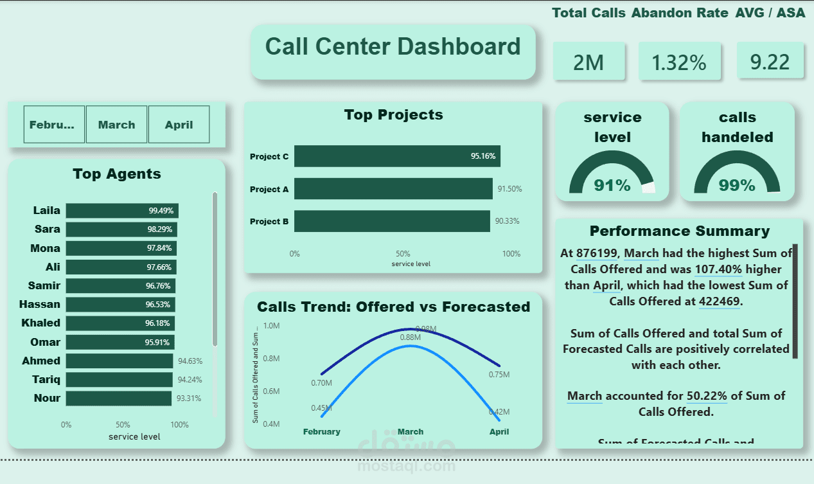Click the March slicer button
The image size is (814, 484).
pos(116,125)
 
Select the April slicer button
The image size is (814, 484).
pos(179,125)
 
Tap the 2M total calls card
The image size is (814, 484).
pos(588,62)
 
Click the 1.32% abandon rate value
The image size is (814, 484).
pos(678,62)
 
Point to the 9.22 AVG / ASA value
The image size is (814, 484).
pos(770,62)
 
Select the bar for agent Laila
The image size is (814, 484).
pos(122,211)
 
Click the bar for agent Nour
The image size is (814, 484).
pos(119,399)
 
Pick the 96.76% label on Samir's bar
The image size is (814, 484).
pos(158,286)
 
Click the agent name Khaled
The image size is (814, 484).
pos(40,323)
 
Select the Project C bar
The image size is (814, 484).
pos(396,156)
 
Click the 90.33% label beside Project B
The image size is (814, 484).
pos(507,221)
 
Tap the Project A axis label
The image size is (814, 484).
pos(269,190)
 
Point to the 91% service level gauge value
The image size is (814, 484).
pos(612,186)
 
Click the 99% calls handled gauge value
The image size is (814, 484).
pos(737,186)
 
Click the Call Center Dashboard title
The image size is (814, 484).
pos(393,47)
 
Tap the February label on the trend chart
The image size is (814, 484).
pos(321,432)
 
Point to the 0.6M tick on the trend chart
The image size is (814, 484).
pos(272,391)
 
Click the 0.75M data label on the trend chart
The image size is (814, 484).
pos(499,375)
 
